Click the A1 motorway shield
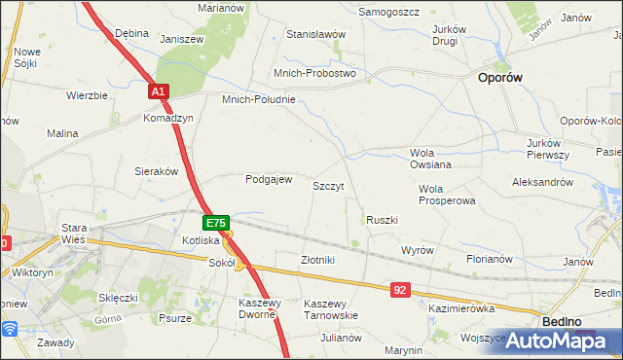click(160, 91)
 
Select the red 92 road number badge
click(401, 290)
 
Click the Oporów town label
click(502, 79)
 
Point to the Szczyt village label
click(328, 185)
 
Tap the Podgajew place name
click(269, 179)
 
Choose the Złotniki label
click(318, 260)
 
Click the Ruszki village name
click(382, 220)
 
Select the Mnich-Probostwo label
click(314, 73)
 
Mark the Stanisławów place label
click(316, 34)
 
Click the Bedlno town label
click(560, 321)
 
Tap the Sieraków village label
click(156, 170)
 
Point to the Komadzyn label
click(168, 118)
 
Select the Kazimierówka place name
click(462, 307)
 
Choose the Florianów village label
click(490, 260)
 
